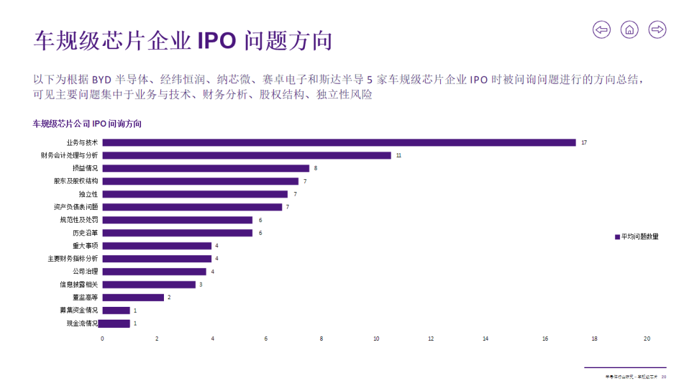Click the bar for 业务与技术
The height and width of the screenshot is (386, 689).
338,142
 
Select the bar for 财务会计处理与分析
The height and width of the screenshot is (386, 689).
246,155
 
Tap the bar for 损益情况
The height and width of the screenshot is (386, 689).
205,168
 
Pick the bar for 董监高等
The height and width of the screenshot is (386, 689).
133,297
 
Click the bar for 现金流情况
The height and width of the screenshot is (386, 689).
115,323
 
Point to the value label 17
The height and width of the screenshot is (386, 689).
584,142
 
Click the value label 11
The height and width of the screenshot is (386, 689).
399,155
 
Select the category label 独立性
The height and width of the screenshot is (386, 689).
88,194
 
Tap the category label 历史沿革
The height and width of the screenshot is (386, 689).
85,233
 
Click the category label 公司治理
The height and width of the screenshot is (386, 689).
85,272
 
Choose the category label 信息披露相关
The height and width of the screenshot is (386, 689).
78,285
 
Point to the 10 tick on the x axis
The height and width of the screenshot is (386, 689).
376,338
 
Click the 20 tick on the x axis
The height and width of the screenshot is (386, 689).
648,338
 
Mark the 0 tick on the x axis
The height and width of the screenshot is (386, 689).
102,338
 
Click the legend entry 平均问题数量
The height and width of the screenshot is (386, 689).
636,236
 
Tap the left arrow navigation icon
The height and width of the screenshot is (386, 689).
601,29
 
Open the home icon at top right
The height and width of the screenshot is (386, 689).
629,29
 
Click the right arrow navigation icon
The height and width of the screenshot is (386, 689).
657,29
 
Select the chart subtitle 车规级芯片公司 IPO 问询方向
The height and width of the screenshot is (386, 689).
87,124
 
